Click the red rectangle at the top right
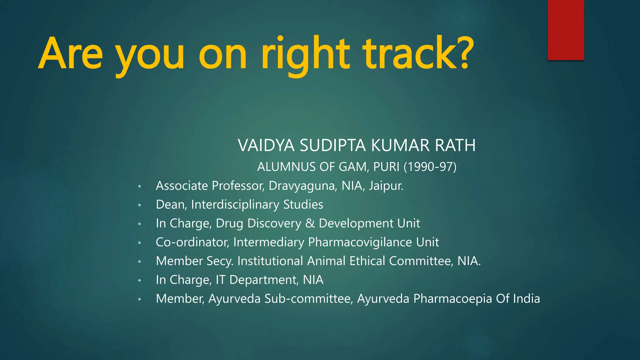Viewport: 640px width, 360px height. pos(566,30)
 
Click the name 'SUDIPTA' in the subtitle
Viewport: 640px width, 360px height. pos(332,146)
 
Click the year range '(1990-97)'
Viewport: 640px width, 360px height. pos(430,167)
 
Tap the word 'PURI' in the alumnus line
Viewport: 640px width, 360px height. pos(386,167)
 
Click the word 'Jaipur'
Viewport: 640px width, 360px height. pos(385,186)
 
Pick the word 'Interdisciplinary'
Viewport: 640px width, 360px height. pos(235,205)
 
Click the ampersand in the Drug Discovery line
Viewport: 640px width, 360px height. pos(310,223)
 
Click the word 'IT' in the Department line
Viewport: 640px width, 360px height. pos(220,280)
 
